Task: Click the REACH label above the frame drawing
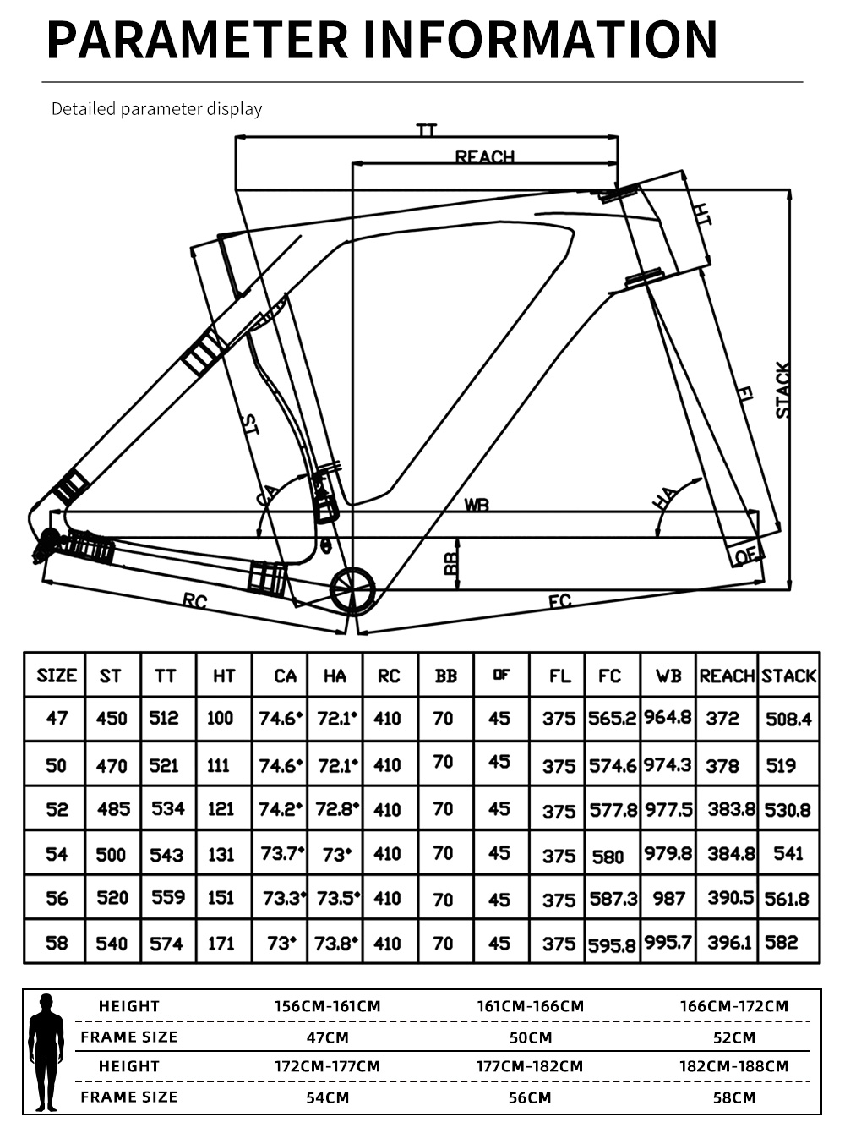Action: (485, 156)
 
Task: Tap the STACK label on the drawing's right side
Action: (782, 390)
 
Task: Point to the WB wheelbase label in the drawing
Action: (477, 505)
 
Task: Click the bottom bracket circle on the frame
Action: (352, 591)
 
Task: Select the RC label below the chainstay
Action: (195, 600)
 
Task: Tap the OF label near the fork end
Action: (746, 556)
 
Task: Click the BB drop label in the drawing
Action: (450, 563)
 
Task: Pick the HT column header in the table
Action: (224, 676)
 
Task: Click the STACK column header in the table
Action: (788, 676)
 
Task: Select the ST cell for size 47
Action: (112, 718)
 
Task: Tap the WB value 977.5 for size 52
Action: (668, 810)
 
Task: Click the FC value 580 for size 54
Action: (608, 857)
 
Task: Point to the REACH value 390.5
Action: (731, 898)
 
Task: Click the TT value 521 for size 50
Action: (164, 765)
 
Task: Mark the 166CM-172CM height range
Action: (734, 1006)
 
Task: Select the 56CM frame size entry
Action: (530, 1097)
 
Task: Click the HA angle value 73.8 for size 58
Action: (335, 944)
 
